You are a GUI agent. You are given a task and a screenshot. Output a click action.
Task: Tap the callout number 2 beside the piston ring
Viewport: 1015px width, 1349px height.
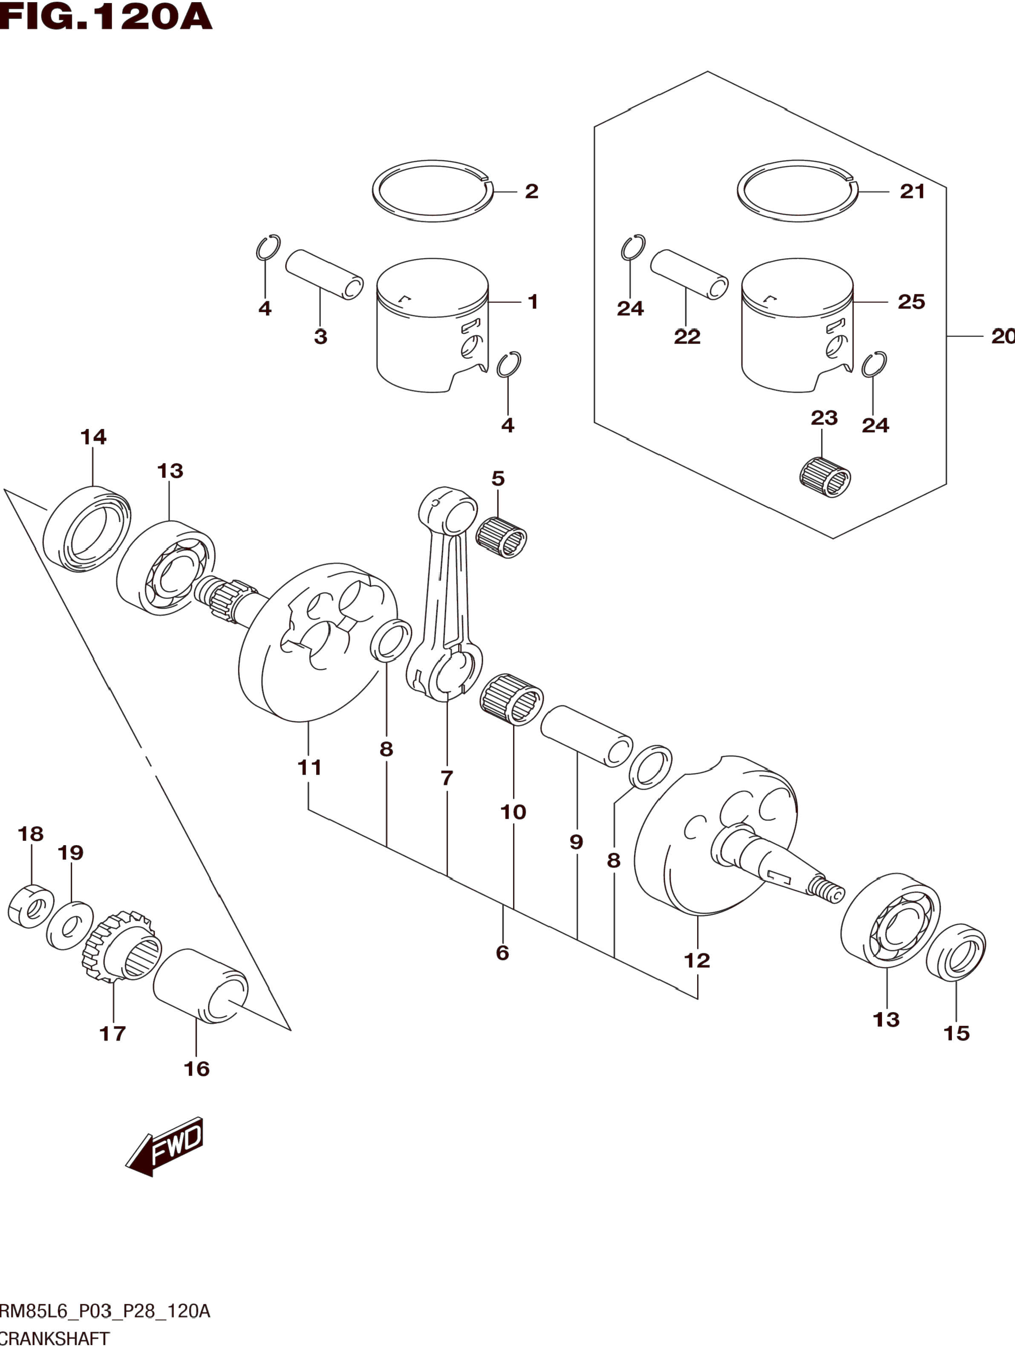click(531, 192)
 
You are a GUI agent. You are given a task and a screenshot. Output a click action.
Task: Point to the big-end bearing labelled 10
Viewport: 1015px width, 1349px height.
click(512, 699)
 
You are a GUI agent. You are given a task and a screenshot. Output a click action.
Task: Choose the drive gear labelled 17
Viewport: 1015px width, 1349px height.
click(122, 946)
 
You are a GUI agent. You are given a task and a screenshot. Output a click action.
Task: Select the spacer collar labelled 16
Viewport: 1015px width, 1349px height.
click(200, 986)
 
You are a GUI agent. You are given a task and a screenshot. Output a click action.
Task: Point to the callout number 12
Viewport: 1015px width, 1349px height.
click(697, 961)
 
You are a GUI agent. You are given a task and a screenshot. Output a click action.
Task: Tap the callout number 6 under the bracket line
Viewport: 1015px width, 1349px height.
click(502, 952)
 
